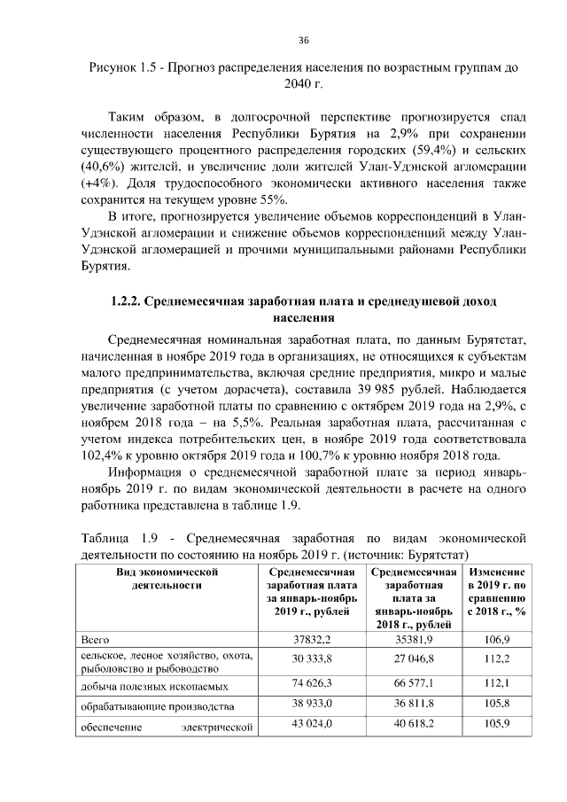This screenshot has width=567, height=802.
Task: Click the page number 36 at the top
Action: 303,40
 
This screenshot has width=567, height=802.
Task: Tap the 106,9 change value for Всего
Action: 497,639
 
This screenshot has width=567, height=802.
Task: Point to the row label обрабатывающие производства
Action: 157,707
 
